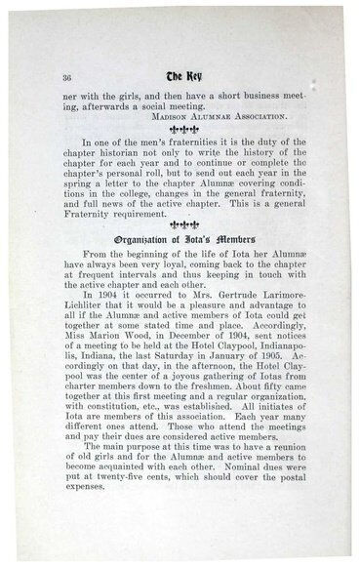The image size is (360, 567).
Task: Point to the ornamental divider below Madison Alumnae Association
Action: [x=184, y=140]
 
